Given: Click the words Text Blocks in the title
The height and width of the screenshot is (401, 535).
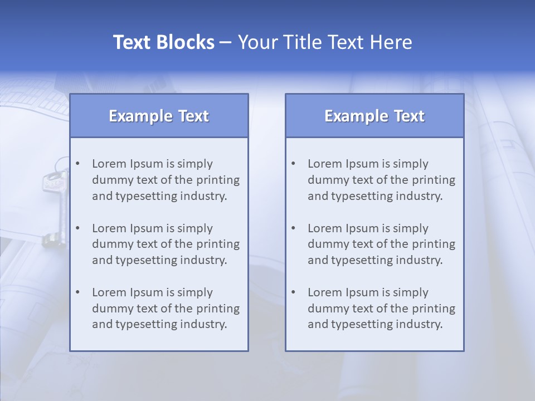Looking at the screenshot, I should click(164, 42).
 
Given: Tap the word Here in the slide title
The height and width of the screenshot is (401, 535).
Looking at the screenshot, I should click(391, 42).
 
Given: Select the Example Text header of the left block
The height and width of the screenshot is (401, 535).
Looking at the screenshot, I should click(159, 116).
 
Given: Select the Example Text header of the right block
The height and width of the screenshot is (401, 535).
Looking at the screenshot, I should click(374, 116).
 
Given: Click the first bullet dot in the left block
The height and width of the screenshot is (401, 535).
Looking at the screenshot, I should click(77, 164).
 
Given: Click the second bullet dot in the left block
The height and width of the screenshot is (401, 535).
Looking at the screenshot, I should click(77, 228).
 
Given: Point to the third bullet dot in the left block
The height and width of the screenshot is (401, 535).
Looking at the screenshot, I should click(77, 292).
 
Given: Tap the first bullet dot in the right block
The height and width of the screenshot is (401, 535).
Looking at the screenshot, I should click(293, 164).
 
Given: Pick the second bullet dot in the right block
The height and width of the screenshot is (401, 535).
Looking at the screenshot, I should click(293, 228).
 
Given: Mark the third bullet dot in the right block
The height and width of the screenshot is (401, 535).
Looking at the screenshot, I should click(293, 292).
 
